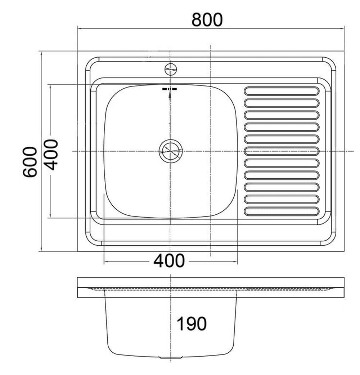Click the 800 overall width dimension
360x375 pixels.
207,20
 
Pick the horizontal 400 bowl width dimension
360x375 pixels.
169,260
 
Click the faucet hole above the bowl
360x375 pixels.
171,68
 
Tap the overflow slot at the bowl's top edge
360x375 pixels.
170,89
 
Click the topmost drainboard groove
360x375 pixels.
282,91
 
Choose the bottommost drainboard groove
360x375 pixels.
282,211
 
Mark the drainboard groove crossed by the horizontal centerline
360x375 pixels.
282,151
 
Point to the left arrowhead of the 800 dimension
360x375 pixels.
78,28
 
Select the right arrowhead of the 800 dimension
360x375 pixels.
344,28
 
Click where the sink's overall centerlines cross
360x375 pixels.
211,151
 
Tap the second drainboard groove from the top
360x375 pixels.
282,103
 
